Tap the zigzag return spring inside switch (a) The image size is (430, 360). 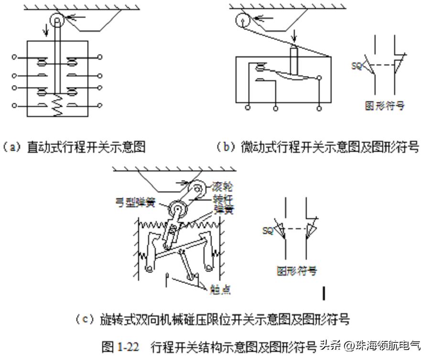coord(57,106)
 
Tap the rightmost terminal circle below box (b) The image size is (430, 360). coord(319,108)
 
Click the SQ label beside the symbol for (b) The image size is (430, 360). coord(357,66)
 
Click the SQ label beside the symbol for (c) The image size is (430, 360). coord(268,231)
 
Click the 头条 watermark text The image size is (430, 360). coord(331,345)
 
